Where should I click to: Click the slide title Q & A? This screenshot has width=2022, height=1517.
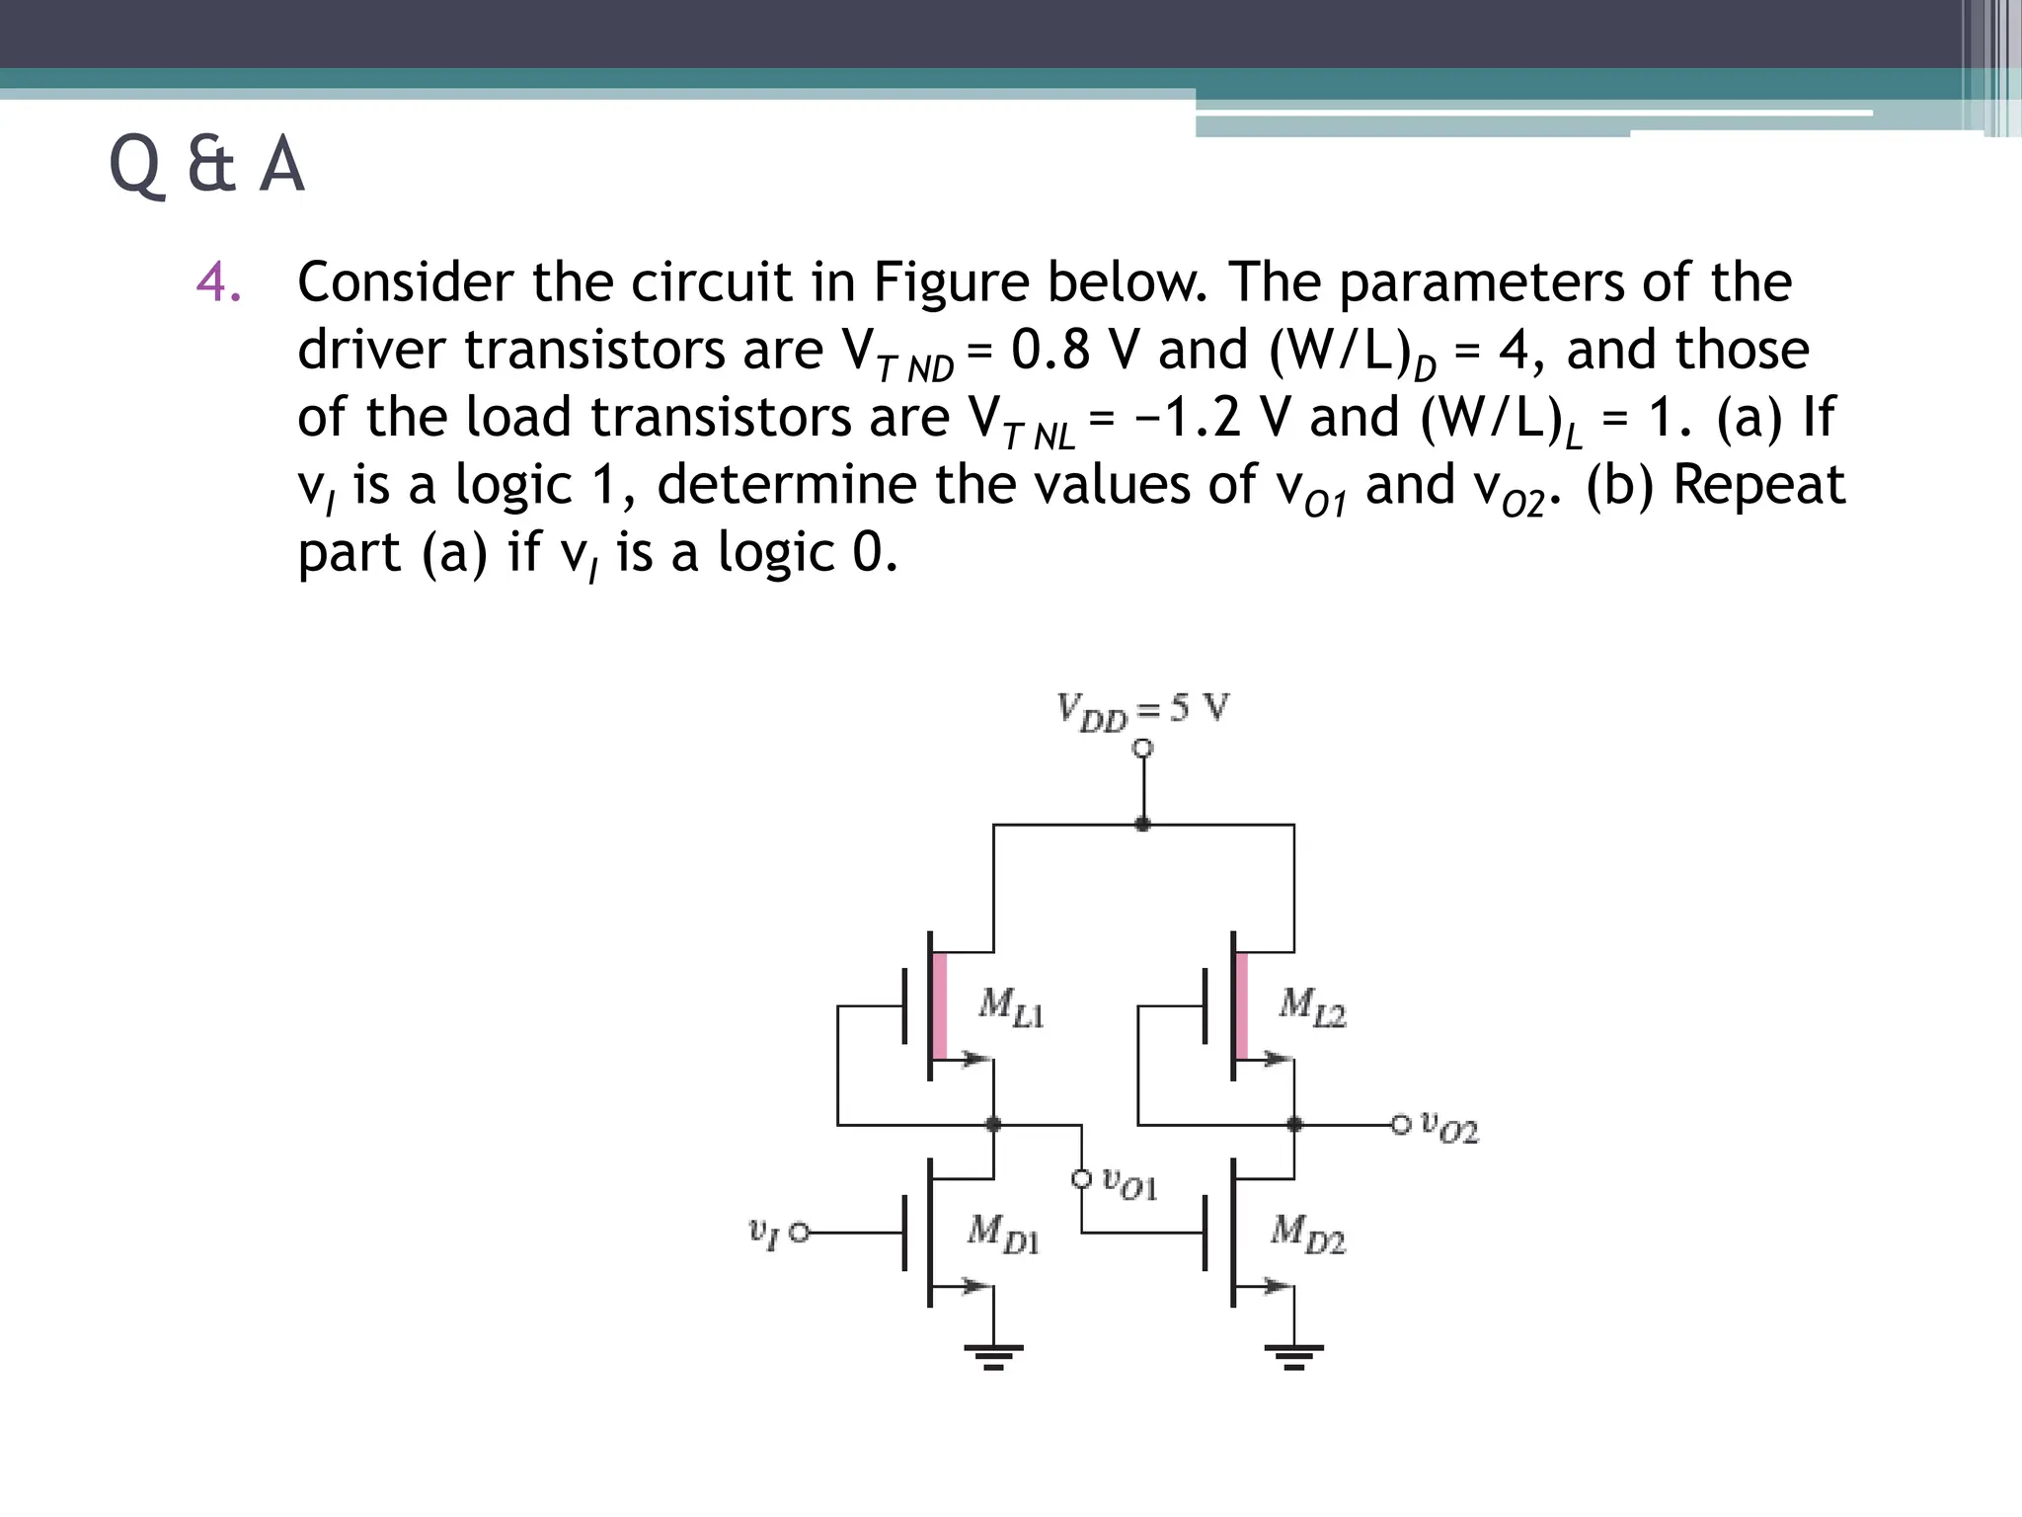tap(206, 165)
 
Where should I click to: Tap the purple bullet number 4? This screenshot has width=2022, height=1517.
tap(218, 282)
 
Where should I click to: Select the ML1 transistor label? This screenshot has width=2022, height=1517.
tap(1010, 1006)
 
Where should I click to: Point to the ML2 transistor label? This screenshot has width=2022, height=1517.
tap(1311, 1006)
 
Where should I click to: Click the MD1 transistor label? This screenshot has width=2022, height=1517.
tap(1003, 1233)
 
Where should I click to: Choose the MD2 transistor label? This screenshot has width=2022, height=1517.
tap(1307, 1233)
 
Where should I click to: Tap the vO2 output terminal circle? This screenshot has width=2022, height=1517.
tap(1401, 1124)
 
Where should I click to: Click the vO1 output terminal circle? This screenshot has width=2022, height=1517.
tap(1082, 1178)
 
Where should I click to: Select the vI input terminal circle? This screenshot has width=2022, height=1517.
tap(800, 1232)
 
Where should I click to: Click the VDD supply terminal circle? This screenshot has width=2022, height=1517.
tap(1142, 749)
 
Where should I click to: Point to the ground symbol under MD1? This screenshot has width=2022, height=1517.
tap(993, 1356)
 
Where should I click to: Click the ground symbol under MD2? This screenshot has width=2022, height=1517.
tap(1294, 1356)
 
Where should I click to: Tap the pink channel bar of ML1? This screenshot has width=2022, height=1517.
tap(940, 1005)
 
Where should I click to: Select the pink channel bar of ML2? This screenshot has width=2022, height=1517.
tap(1241, 1005)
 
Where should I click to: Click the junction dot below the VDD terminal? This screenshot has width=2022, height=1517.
tap(1142, 824)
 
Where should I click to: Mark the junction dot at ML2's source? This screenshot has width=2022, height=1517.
tap(1294, 1124)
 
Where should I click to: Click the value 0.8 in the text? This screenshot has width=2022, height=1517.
tap(1051, 350)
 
